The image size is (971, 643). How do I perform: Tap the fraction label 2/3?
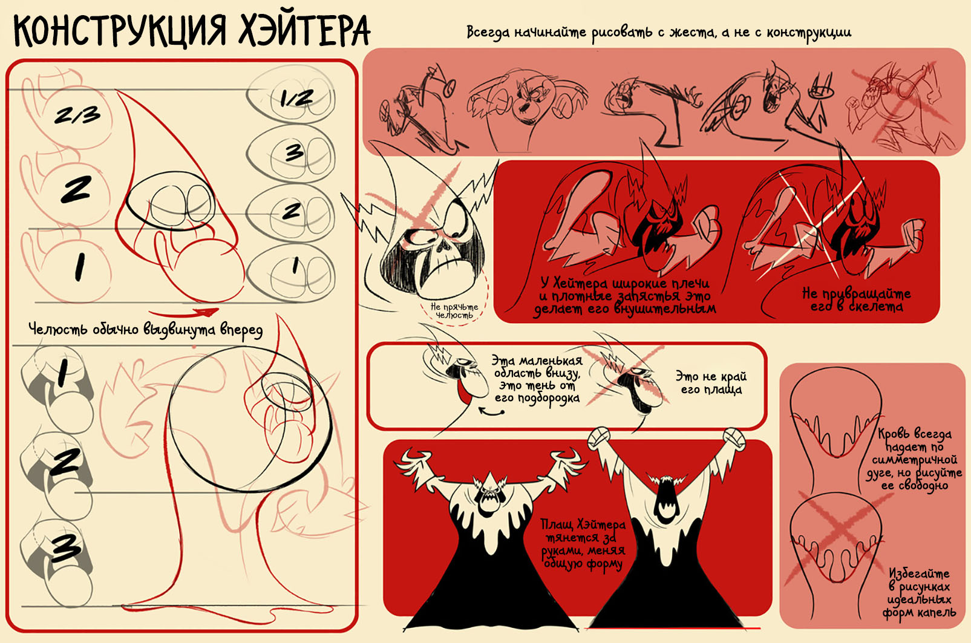77,115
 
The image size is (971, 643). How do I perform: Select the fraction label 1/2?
296,99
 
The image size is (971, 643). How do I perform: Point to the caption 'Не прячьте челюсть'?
454,311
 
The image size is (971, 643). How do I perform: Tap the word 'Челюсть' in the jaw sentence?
58,329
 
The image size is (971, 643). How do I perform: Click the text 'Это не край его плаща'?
711,382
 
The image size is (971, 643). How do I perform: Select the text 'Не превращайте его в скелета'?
857,300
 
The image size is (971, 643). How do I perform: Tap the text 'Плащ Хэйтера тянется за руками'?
583,537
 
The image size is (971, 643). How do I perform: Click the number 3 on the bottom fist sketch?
65,547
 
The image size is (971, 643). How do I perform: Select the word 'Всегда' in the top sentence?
489,33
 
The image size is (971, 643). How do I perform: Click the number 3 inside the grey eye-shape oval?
295,152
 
